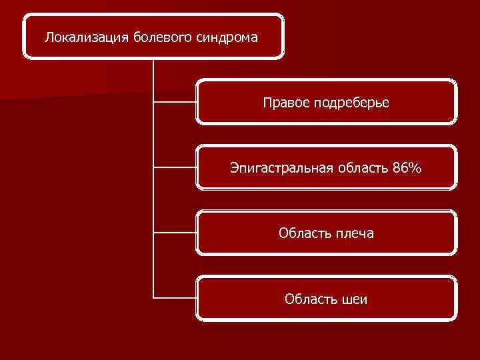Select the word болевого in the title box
pos(162,37)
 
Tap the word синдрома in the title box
pos(227,37)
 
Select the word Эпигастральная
pos(281,168)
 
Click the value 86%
pos(407,168)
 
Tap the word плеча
pos(354,233)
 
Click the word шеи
pos(354,299)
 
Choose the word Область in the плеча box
pos(303,233)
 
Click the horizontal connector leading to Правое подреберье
pos(175,102)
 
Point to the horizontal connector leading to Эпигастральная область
pos(175,167)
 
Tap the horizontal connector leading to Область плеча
pos(175,233)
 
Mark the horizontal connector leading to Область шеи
pos(175,297)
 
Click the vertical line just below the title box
pos(153,73)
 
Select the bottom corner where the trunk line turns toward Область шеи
pos(153,297)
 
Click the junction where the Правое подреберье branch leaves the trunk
pos(153,102)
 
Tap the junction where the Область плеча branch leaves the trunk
pos(153,233)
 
